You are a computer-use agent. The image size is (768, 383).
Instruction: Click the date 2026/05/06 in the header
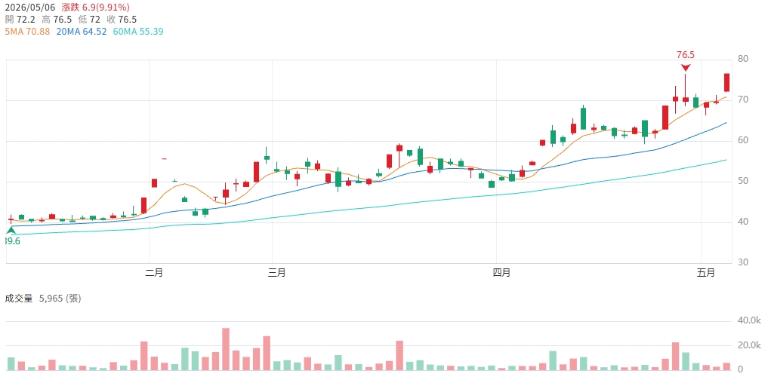[x=29, y=8]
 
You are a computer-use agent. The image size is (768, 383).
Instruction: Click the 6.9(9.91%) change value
[x=105, y=8]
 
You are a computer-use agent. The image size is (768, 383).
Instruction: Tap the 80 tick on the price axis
[x=742, y=60]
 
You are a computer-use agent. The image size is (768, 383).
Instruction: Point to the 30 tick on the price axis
[x=742, y=262]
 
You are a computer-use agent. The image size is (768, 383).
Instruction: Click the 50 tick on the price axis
[x=742, y=182]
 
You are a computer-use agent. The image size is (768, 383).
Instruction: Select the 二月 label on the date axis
[x=154, y=273]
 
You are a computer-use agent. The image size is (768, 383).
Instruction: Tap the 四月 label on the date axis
[x=501, y=273]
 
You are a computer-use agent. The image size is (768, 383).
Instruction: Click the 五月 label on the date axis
[x=706, y=273]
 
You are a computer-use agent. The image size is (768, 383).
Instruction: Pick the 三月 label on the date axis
[x=277, y=273]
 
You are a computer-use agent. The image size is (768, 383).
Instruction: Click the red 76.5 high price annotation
[x=686, y=55]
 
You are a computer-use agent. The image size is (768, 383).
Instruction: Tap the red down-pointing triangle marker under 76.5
[x=686, y=68]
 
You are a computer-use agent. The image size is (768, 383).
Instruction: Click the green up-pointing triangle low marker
[x=11, y=230]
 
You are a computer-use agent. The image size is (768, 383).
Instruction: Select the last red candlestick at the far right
[x=727, y=82]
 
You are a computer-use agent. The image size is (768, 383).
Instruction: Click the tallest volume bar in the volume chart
[x=226, y=349]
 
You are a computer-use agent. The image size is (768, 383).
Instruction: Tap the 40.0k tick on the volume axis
[x=748, y=321]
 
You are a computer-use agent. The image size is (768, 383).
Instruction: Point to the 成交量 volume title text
[x=19, y=299]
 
